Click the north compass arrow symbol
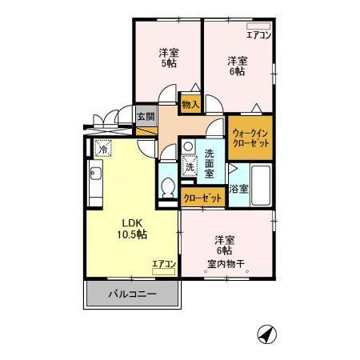point(267,334)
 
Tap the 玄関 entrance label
point(146,116)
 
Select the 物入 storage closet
point(190,104)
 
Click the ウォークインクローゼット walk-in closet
point(250,138)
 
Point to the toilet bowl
point(168,187)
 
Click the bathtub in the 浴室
point(261,186)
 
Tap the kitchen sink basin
point(96,174)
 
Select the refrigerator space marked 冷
point(102,149)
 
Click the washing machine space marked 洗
point(190,166)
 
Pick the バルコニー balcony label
point(132,294)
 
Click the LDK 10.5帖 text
point(132,229)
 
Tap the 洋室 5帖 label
point(169,58)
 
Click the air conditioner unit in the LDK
point(164,271)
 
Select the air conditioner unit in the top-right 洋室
point(258,26)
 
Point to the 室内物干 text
point(226,264)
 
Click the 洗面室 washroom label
point(210,163)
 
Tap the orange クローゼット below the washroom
point(203,198)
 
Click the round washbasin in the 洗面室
point(189,146)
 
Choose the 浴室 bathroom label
point(239,189)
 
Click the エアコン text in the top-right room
point(258,35)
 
